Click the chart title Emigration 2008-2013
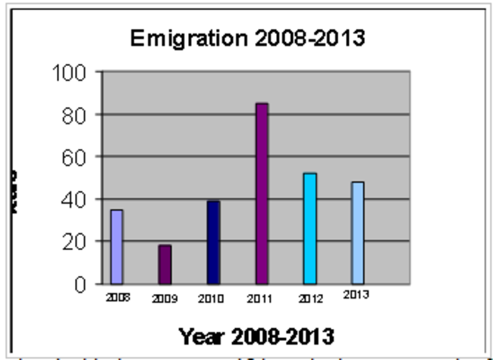point(247,39)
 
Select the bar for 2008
point(117,246)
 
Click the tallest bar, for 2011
point(262,193)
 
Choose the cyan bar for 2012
point(309,228)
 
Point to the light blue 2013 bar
point(357,233)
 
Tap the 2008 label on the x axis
point(117,297)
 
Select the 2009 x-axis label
point(165,299)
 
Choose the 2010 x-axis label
point(211,299)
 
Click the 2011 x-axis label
point(259,299)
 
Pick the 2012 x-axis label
point(308,299)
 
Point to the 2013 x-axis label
point(356,295)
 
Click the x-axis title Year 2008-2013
point(256,335)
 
